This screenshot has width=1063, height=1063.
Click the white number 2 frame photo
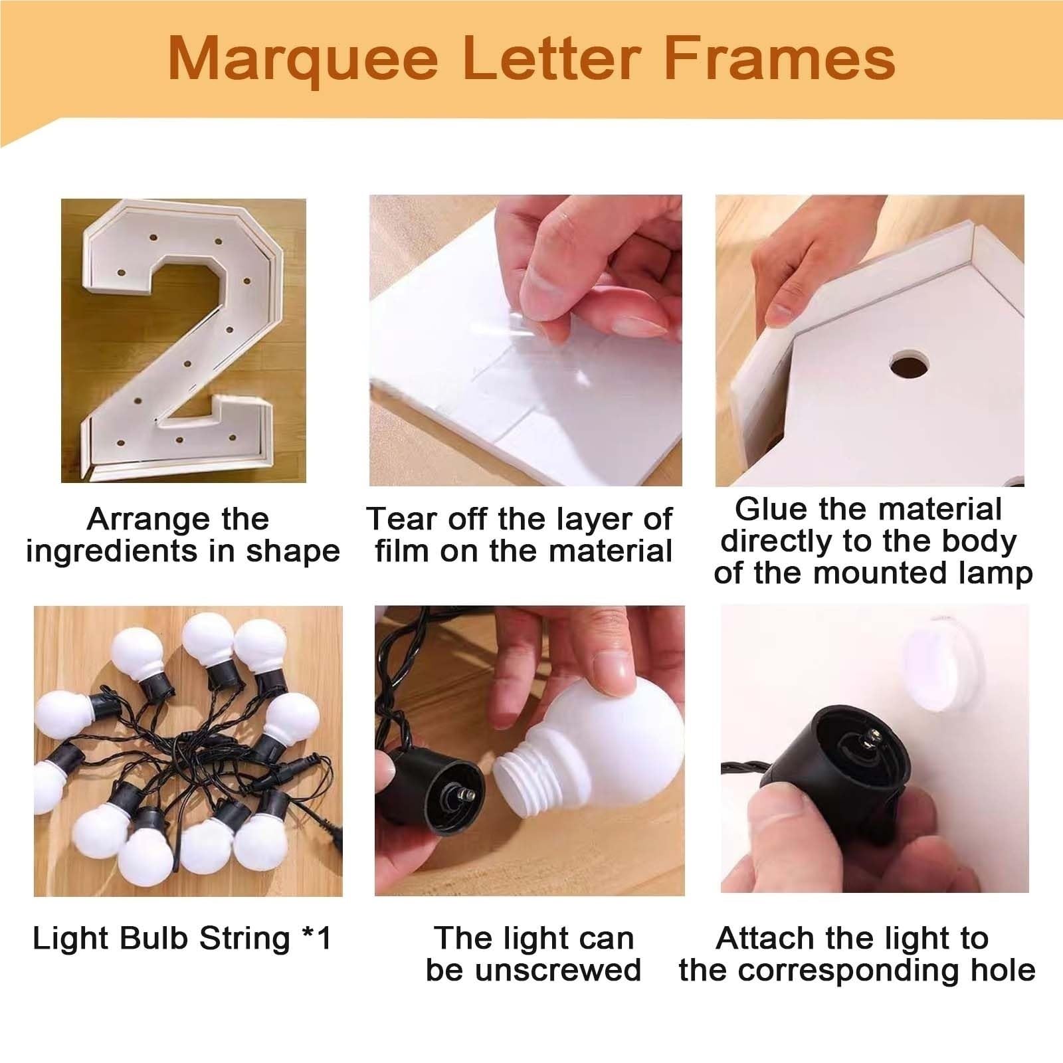tap(183, 340)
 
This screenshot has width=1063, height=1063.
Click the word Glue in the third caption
tap(771, 510)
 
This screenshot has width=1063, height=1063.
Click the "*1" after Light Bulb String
tap(316, 938)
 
